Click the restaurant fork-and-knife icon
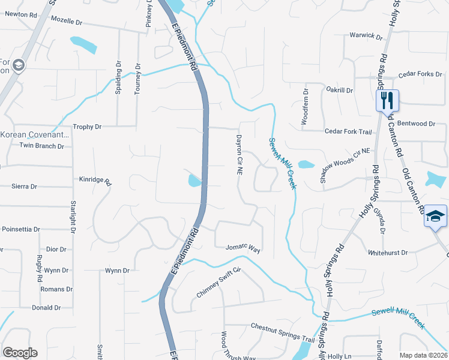tap(387, 100)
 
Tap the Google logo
tap(20, 353)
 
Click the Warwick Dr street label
tap(366, 36)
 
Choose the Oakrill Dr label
tap(339, 90)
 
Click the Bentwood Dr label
tap(415, 124)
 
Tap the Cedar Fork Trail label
tap(348, 131)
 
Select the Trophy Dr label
tap(88, 127)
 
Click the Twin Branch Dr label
tap(42, 146)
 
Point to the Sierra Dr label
tap(24, 187)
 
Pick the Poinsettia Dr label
tap(21, 229)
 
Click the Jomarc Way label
tap(243, 247)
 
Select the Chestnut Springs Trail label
tap(283, 340)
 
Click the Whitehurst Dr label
tap(388, 253)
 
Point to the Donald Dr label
tap(46, 308)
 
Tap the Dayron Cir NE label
tap(238, 155)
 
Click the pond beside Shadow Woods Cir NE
tap(306, 164)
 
